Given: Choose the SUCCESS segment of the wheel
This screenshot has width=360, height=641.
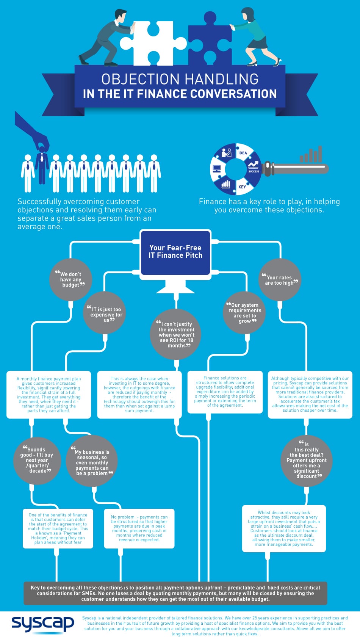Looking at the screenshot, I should click(x=254, y=167).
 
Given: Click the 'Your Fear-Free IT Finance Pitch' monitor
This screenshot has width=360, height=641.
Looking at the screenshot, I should click(x=175, y=252).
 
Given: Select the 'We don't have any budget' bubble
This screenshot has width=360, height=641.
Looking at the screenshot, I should click(x=71, y=280).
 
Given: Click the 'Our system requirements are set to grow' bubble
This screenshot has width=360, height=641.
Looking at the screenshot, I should click(x=244, y=313).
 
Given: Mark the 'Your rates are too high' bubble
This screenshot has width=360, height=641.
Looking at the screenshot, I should click(x=280, y=280).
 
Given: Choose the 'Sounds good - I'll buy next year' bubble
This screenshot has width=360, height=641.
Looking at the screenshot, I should click(x=37, y=460).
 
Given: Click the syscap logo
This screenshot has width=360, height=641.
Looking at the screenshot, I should click(x=42, y=624).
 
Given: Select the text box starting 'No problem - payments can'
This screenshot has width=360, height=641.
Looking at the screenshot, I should click(x=139, y=528).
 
